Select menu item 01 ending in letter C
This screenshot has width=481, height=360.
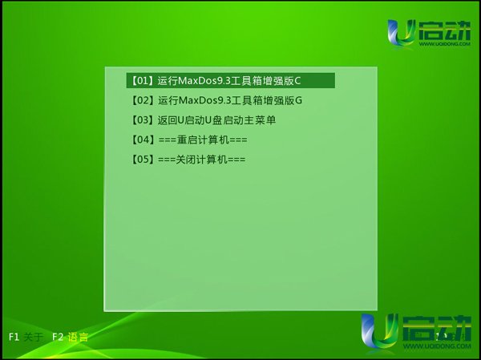click(x=230, y=80)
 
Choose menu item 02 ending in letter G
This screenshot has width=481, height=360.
click(x=216, y=100)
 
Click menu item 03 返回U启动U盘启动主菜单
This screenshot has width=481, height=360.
click(x=203, y=120)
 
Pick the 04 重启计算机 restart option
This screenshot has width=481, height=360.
click(x=188, y=140)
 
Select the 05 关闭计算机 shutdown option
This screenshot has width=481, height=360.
click(x=188, y=160)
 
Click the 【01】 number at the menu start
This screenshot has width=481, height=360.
click(x=142, y=81)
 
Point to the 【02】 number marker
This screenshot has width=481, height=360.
click(x=142, y=100)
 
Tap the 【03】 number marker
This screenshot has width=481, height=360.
click(x=142, y=120)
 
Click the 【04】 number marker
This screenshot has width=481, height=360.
click(x=142, y=140)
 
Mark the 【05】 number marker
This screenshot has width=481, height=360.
click(x=142, y=160)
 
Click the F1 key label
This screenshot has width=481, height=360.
click(x=14, y=337)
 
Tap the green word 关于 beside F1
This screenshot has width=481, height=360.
click(x=33, y=337)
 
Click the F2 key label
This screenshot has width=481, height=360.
click(x=58, y=337)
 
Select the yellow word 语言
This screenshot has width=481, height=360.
click(x=78, y=337)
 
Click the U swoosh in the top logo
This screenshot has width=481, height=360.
click(x=401, y=33)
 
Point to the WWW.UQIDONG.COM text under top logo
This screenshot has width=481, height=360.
click(x=445, y=44)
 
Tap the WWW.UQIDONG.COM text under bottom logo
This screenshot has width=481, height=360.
click(x=437, y=346)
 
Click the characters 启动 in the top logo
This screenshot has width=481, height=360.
click(x=444, y=30)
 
